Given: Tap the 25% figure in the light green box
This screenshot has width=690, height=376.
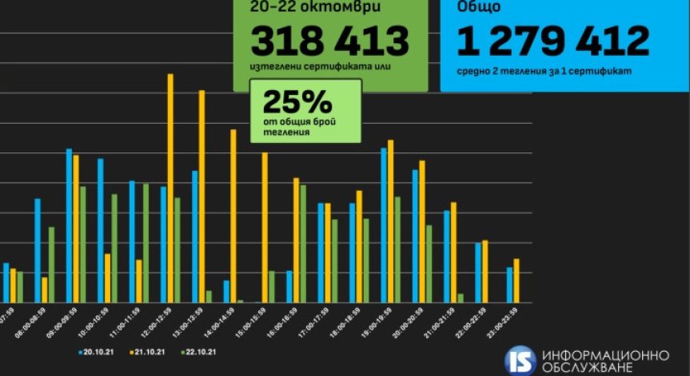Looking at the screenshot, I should [285, 102].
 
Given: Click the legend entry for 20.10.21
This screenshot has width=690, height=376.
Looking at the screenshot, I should [98, 351].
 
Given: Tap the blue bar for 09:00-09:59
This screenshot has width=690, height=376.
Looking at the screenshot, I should [69, 225].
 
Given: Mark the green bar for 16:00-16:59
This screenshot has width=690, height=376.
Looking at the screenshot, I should [303, 243].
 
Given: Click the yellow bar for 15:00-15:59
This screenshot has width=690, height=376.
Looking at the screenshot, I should [265, 228].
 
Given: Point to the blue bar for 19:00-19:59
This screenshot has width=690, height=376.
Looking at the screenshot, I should [384, 224].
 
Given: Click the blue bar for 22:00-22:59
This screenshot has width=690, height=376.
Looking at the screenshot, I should [478, 272].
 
